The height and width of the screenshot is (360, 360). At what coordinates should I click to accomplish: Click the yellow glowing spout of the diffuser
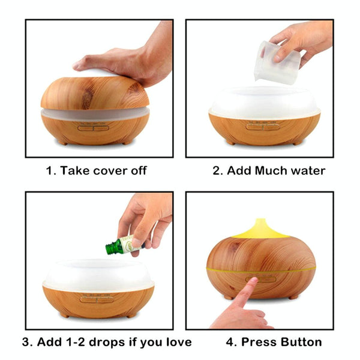(x=260, y=229)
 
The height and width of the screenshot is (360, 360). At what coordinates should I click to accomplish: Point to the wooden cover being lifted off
(x=95, y=93)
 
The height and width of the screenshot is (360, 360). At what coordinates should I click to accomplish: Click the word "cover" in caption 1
(x=110, y=170)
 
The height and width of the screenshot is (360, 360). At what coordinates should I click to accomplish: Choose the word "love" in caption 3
(x=179, y=342)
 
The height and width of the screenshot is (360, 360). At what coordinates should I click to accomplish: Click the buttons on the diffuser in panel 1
(x=93, y=128)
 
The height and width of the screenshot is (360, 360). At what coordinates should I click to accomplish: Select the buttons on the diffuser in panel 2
(x=263, y=127)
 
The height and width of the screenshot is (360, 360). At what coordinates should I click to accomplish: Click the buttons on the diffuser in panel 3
(x=97, y=299)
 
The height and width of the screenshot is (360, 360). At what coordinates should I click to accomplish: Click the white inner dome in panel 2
(x=265, y=102)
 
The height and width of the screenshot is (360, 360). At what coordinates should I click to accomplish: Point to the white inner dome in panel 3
(x=98, y=275)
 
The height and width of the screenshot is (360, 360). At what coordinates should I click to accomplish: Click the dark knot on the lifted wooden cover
(x=88, y=99)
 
